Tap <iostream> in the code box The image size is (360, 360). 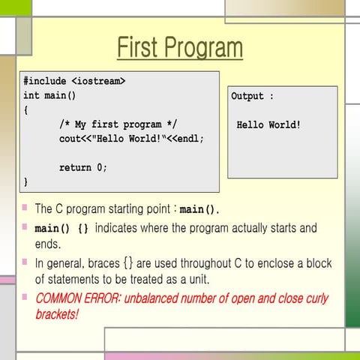[x=99, y=80]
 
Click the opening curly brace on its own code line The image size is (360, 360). [x=25, y=109]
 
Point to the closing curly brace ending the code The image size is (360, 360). [x=25, y=182]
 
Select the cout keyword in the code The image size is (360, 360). [x=71, y=139]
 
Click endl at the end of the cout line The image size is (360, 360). [x=191, y=139]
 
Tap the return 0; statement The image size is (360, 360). [x=83, y=167]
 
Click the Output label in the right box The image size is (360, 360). [x=247, y=97]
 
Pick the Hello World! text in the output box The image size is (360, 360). [x=268, y=125]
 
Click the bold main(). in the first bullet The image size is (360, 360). [x=199, y=209]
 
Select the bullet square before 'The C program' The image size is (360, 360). [x=25, y=208]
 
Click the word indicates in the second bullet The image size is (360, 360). [x=119, y=227]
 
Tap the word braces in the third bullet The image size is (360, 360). [x=105, y=264]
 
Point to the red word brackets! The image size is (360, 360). [x=57, y=314]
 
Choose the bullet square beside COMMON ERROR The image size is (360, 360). [x=25, y=296]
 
